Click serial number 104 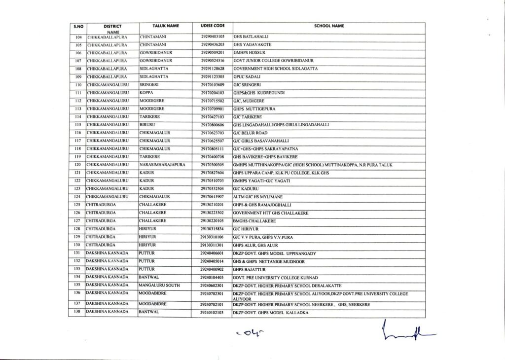pos(77,36)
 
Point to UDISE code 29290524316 pos(213,61)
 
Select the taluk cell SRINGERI pos(148,85)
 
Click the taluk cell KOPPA pos(145,93)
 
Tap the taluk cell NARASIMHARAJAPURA pos(162,164)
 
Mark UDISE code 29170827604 pos(213,173)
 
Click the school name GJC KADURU pos(246,188)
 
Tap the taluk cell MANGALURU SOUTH pos(159,285)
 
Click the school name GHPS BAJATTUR pos(250,269)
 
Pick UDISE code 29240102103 pos(213,313)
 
